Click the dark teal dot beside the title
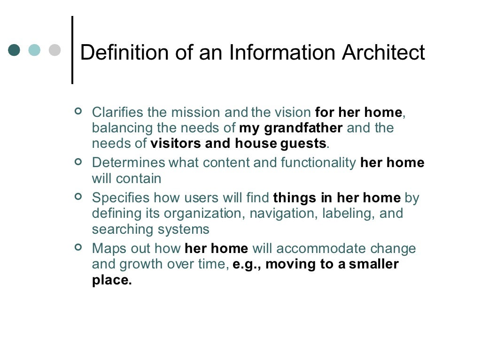click(15, 50)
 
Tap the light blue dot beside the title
click(34, 50)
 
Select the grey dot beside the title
click(55, 50)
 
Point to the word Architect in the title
click(383, 53)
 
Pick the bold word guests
click(303, 143)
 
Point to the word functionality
click(318, 163)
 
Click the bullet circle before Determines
click(78, 161)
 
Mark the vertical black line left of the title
click(72, 50)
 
